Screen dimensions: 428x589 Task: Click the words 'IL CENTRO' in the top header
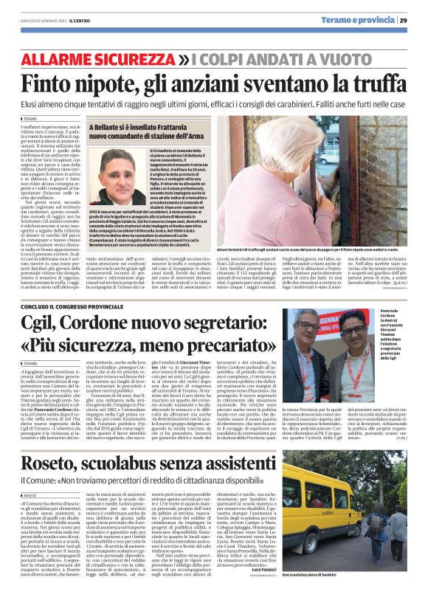[x=78, y=20]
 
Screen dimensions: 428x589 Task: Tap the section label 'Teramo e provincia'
[x=364, y=20]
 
